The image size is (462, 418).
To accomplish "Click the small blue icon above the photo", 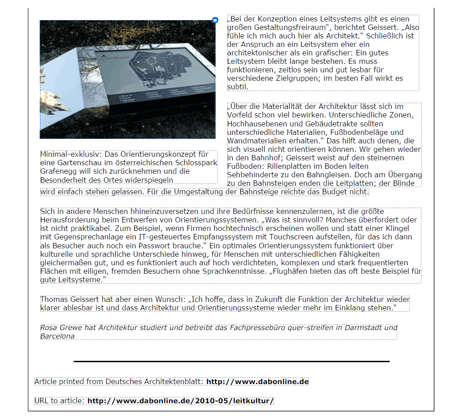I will [215, 20].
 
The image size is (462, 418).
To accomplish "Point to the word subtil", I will [237, 87].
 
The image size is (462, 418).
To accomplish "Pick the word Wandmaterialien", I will [256, 141].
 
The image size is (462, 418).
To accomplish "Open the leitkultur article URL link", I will [180, 401].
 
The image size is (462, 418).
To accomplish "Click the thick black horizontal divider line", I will [231, 361].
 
